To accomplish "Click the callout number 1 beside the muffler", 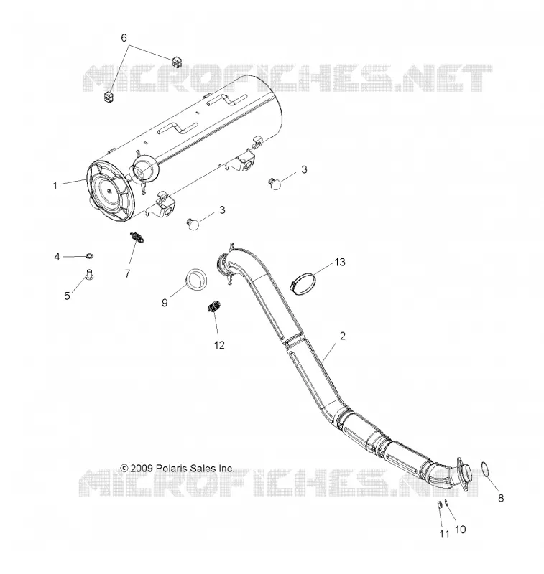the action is [x=55, y=186].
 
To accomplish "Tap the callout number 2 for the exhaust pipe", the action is [x=343, y=336].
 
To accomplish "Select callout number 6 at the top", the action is [x=124, y=38].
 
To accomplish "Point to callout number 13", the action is [x=340, y=262].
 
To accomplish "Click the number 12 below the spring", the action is [x=219, y=345].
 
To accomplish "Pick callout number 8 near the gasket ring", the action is [x=501, y=498].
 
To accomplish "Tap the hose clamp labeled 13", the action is [x=303, y=285].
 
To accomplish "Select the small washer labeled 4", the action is [x=89, y=255].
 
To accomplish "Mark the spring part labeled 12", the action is [x=213, y=306].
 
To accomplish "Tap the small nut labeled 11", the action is [x=438, y=505].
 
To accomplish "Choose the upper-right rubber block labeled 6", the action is [x=177, y=62].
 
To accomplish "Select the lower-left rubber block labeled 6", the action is [x=107, y=98].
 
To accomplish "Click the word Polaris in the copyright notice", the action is [x=170, y=469].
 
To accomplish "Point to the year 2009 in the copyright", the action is [x=142, y=469].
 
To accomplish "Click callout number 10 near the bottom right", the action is [x=460, y=530].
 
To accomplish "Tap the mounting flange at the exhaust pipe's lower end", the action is [x=463, y=474].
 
